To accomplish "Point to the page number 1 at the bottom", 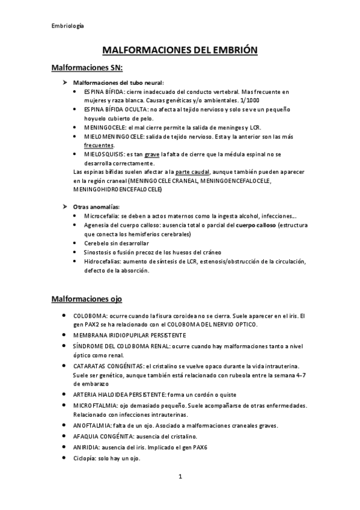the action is (180, 477).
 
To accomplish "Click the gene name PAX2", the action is (80, 324).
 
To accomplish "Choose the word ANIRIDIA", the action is (88, 447).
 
